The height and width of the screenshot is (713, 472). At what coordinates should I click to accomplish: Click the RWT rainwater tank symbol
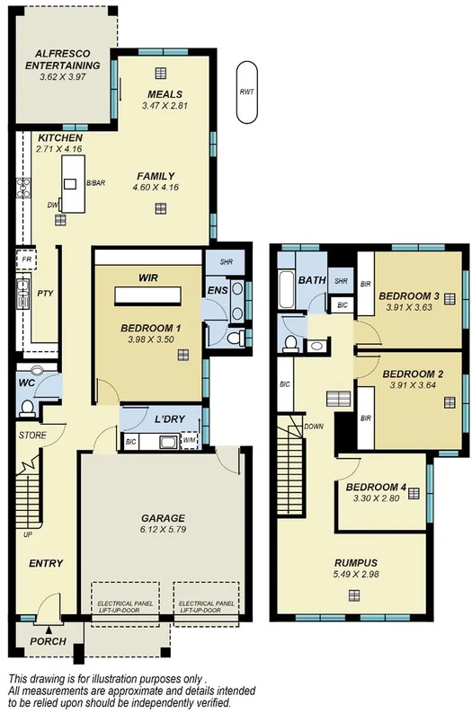pyautogui.click(x=245, y=92)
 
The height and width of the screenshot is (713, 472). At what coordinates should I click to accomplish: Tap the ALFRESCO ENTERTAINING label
pyautogui.click(x=63, y=60)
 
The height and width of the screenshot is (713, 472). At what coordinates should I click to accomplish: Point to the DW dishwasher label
pyautogui.click(x=52, y=205)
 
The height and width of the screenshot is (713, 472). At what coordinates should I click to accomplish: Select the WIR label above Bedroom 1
pyautogui.click(x=148, y=279)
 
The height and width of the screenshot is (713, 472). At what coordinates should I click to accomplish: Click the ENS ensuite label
pyautogui.click(x=216, y=290)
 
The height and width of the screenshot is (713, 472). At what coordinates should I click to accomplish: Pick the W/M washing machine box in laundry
pyautogui.click(x=189, y=440)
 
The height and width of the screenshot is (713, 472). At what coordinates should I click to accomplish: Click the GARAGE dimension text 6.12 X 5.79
pyautogui.click(x=163, y=531)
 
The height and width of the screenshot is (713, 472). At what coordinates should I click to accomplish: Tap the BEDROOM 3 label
pyautogui.click(x=408, y=296)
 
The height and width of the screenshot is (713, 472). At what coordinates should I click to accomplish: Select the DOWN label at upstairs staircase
pyautogui.click(x=315, y=427)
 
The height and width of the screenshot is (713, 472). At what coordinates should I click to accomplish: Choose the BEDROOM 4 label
pyautogui.click(x=377, y=488)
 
